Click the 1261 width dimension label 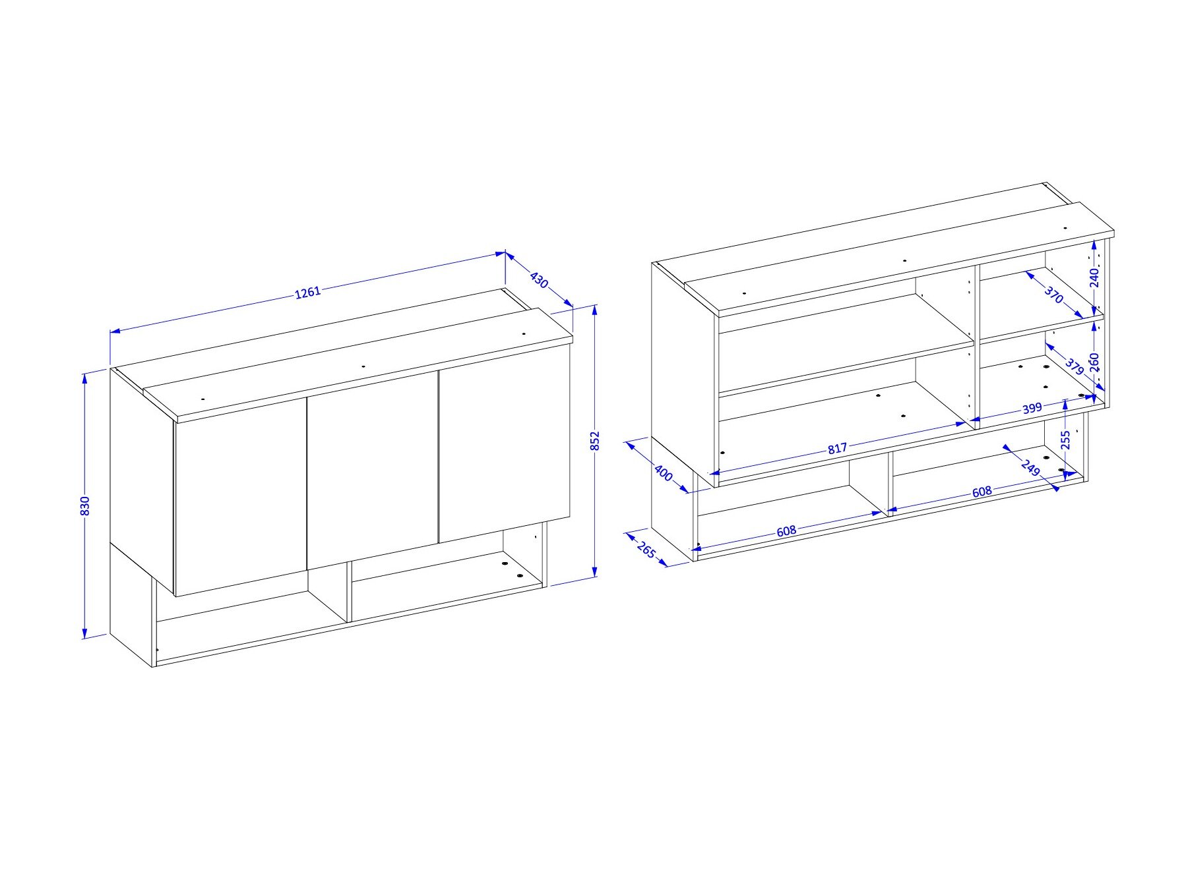pos(307,292)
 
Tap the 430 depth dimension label pos(539,281)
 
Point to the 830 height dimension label pos(84,505)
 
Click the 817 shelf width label pos(837,449)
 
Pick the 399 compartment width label pos(1032,409)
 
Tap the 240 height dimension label pos(1094,277)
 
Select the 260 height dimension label pos(1094,363)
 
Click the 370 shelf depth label pos(1054,295)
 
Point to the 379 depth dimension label pos(1075,367)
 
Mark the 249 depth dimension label pos(1030,468)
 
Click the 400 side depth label pos(664,472)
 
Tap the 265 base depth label pos(646,549)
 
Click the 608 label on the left pos(786,530)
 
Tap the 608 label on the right pos(982,491)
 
